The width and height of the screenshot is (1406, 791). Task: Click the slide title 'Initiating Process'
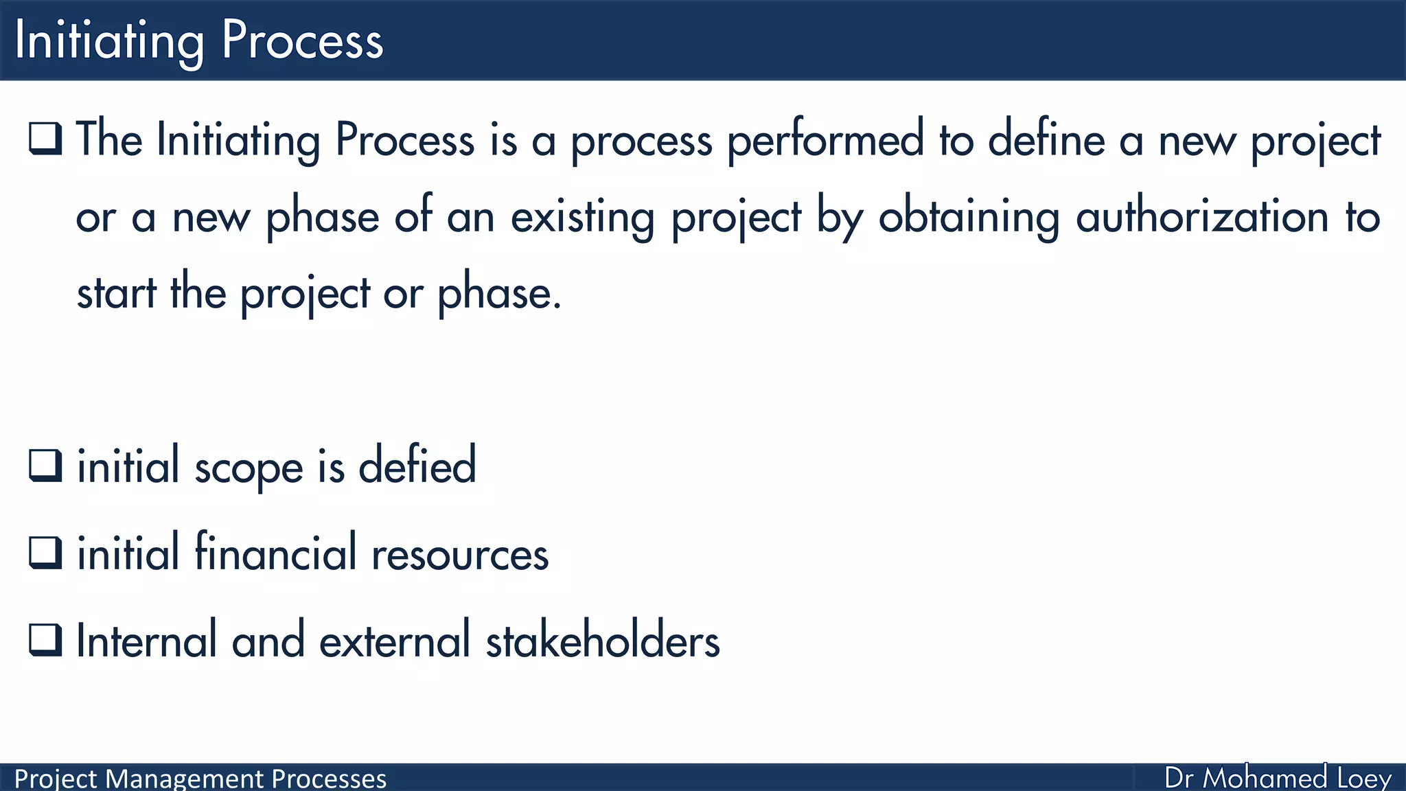tap(198, 41)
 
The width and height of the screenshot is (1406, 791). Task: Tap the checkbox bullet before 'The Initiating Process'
tap(46, 139)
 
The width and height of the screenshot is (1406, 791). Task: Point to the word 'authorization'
tap(1202, 217)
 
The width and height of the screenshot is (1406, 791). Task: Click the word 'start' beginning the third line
tap(117, 293)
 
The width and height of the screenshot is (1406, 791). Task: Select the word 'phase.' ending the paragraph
tap(500, 294)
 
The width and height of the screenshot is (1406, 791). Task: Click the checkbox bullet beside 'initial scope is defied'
tap(46, 466)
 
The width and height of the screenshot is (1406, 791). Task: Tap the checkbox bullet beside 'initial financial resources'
tap(46, 553)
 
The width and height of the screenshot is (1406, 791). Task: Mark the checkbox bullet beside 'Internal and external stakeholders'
tap(46, 640)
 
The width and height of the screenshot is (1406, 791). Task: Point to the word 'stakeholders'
tap(603, 641)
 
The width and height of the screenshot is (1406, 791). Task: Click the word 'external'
tap(395, 641)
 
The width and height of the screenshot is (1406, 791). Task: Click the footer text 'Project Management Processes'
tap(200, 779)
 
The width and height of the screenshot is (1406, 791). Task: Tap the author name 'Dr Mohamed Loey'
tap(1278, 778)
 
